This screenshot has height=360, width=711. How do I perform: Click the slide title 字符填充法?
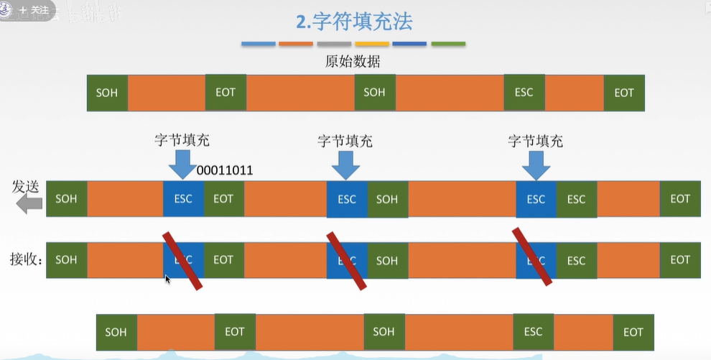click(x=355, y=22)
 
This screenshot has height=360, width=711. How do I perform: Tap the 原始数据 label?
click(x=353, y=61)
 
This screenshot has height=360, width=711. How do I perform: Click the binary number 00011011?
click(x=225, y=171)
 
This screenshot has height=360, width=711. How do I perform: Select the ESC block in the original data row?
click(x=524, y=92)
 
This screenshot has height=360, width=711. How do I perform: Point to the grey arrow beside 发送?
click(x=29, y=204)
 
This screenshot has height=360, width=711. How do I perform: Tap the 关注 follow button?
click(x=34, y=10)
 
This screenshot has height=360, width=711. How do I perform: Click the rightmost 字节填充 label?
click(x=535, y=141)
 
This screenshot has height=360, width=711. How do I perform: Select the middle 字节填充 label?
click(x=345, y=141)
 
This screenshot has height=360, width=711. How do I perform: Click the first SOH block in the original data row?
click(x=107, y=93)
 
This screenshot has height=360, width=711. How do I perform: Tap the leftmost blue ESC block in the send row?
click(x=183, y=199)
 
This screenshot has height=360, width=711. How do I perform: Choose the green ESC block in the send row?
click(x=577, y=199)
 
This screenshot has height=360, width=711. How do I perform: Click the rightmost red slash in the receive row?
click(x=532, y=257)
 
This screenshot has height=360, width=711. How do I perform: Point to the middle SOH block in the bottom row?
click(x=384, y=331)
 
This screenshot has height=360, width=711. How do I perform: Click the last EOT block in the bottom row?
click(x=633, y=332)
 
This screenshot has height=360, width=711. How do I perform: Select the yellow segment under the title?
click(x=371, y=44)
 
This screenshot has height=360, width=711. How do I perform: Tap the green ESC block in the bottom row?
click(x=533, y=331)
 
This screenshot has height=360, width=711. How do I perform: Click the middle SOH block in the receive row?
click(x=387, y=260)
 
